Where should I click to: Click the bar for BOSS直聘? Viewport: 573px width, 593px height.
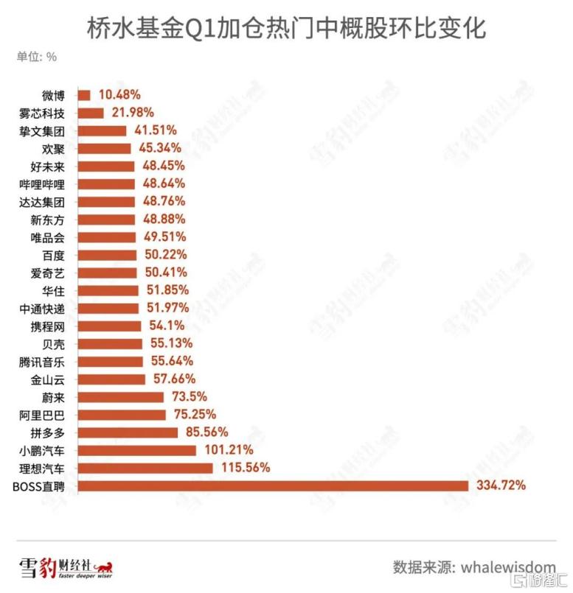(273, 485)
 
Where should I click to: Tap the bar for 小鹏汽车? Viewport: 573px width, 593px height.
(137, 450)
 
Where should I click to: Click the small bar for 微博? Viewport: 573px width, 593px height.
(84, 95)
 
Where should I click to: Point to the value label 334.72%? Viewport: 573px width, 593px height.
(501, 485)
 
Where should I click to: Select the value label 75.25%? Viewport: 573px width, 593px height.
(195, 415)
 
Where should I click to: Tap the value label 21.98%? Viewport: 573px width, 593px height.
(131, 113)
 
